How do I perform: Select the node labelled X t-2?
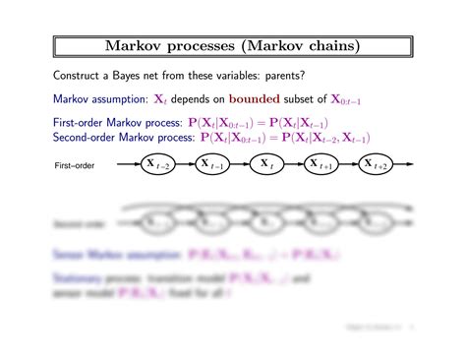coord(155,164)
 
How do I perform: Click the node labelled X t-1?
coord(210,164)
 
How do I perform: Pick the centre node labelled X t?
coord(266,164)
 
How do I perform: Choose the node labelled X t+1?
coord(321,164)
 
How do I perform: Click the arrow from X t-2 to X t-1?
coord(183,164)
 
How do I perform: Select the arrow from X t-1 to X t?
coord(238,164)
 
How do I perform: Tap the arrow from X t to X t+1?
coord(293,164)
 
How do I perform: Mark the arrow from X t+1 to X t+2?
coord(349,164)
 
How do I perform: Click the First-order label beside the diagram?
coord(74,165)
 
